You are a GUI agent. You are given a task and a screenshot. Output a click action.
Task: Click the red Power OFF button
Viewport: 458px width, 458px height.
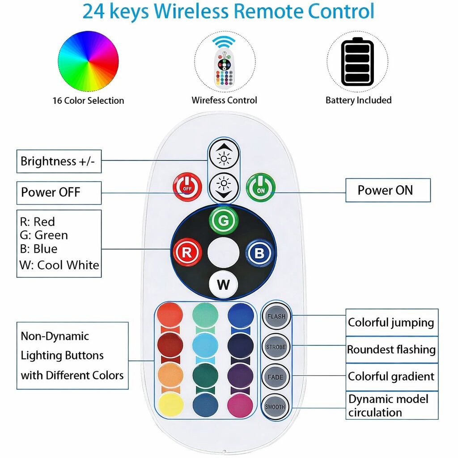(187, 187)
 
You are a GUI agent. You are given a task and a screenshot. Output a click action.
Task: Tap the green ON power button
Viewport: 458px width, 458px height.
(261, 187)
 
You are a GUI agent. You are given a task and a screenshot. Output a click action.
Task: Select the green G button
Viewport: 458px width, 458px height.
(224, 221)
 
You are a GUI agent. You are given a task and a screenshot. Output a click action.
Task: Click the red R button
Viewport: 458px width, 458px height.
(187, 252)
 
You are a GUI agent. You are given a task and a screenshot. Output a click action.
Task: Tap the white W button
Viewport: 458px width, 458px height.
(223, 284)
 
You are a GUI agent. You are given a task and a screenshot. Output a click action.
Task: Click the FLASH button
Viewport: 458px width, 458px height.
(276, 317)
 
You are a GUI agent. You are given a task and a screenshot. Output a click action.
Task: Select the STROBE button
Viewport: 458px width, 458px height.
(276, 347)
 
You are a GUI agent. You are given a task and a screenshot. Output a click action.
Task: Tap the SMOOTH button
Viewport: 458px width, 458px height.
(275, 407)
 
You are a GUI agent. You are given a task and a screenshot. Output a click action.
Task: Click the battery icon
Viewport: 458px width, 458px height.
(357, 62)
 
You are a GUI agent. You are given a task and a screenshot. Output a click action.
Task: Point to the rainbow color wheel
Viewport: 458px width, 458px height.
(88, 62)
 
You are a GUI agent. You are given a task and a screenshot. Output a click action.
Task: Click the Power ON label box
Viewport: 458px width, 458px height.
(388, 190)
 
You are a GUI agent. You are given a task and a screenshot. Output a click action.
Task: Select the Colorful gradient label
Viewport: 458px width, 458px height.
(391, 377)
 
